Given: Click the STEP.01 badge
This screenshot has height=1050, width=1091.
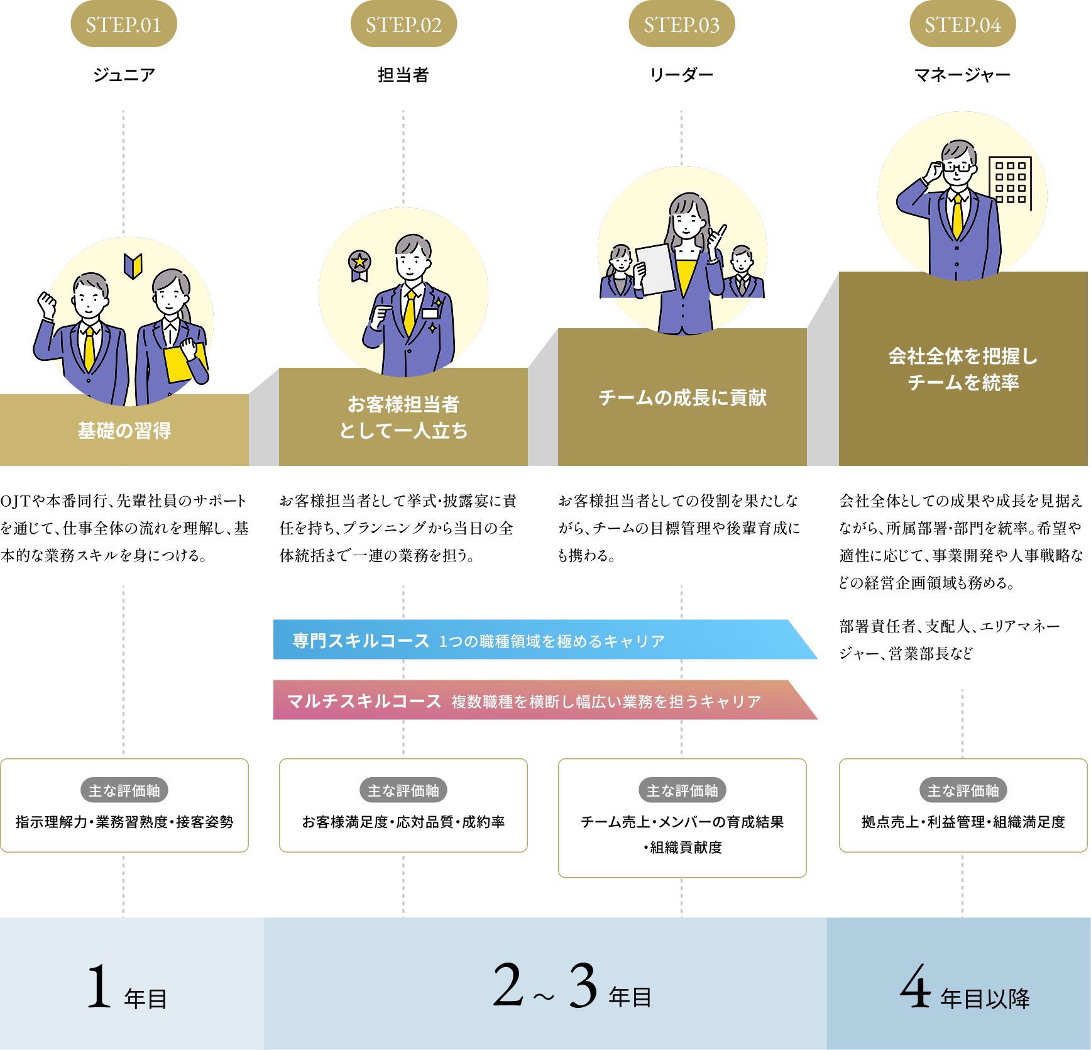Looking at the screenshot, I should coord(123,25).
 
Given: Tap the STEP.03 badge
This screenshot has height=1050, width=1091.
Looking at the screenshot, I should coord(681,25).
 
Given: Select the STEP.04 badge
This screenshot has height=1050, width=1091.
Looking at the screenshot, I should coord(962,25).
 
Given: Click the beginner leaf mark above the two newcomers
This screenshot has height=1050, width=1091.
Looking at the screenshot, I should coord(133,265).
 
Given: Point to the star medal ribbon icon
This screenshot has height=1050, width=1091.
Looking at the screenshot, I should coord(359,265).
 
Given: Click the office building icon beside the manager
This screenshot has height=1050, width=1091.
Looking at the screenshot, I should coord(1011,182).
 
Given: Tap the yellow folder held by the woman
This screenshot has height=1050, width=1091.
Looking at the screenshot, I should coord(180,363).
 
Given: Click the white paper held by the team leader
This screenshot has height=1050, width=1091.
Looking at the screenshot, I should coord(657,269).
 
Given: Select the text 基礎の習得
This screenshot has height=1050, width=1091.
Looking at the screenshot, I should coord(124,431).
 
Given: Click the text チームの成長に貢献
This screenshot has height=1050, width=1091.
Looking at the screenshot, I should coord(682,397).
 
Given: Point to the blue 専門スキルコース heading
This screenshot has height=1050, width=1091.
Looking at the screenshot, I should coord(361,641).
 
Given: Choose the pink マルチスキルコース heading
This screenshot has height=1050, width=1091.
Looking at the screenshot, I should coord(364,701).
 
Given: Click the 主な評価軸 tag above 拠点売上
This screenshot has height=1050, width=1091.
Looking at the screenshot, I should coord(963,790).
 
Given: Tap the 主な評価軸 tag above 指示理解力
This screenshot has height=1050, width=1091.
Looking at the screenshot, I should coord(124,790).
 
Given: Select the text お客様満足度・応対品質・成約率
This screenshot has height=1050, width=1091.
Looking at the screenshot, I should coord(403,822).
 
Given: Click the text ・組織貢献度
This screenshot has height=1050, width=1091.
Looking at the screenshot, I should coord(682,848).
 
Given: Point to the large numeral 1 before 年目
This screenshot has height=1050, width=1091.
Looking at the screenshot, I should coord(99,987).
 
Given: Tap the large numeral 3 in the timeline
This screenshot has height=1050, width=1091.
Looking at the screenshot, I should coord(583,986).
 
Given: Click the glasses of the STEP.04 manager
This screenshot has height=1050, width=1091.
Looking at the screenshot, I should coord(957,167).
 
